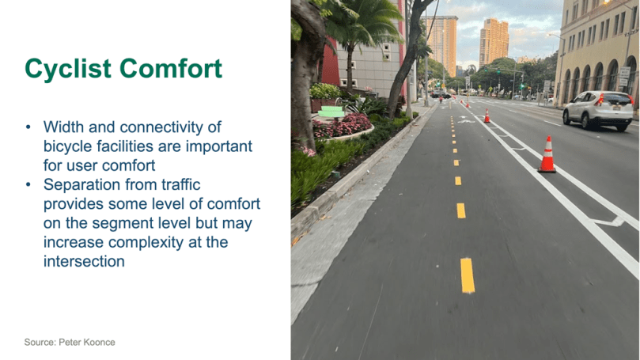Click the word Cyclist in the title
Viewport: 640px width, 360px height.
pos(68,69)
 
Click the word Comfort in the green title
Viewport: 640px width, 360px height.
pos(171,68)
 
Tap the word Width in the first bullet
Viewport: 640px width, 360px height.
pos(63,127)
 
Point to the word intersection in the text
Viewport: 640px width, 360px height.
pos(84,261)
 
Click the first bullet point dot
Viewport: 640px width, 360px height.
pos(28,127)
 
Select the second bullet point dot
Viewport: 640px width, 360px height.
pos(28,185)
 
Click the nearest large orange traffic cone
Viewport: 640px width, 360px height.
pos(547,154)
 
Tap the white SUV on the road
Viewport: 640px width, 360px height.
pos(598,110)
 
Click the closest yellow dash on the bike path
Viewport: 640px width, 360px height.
pos(468,275)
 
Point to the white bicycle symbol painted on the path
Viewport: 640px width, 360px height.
pos(466,119)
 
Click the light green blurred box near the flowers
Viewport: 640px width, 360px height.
pos(331,112)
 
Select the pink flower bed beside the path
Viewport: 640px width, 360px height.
pos(342,126)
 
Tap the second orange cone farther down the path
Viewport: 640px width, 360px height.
pos(487,116)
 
